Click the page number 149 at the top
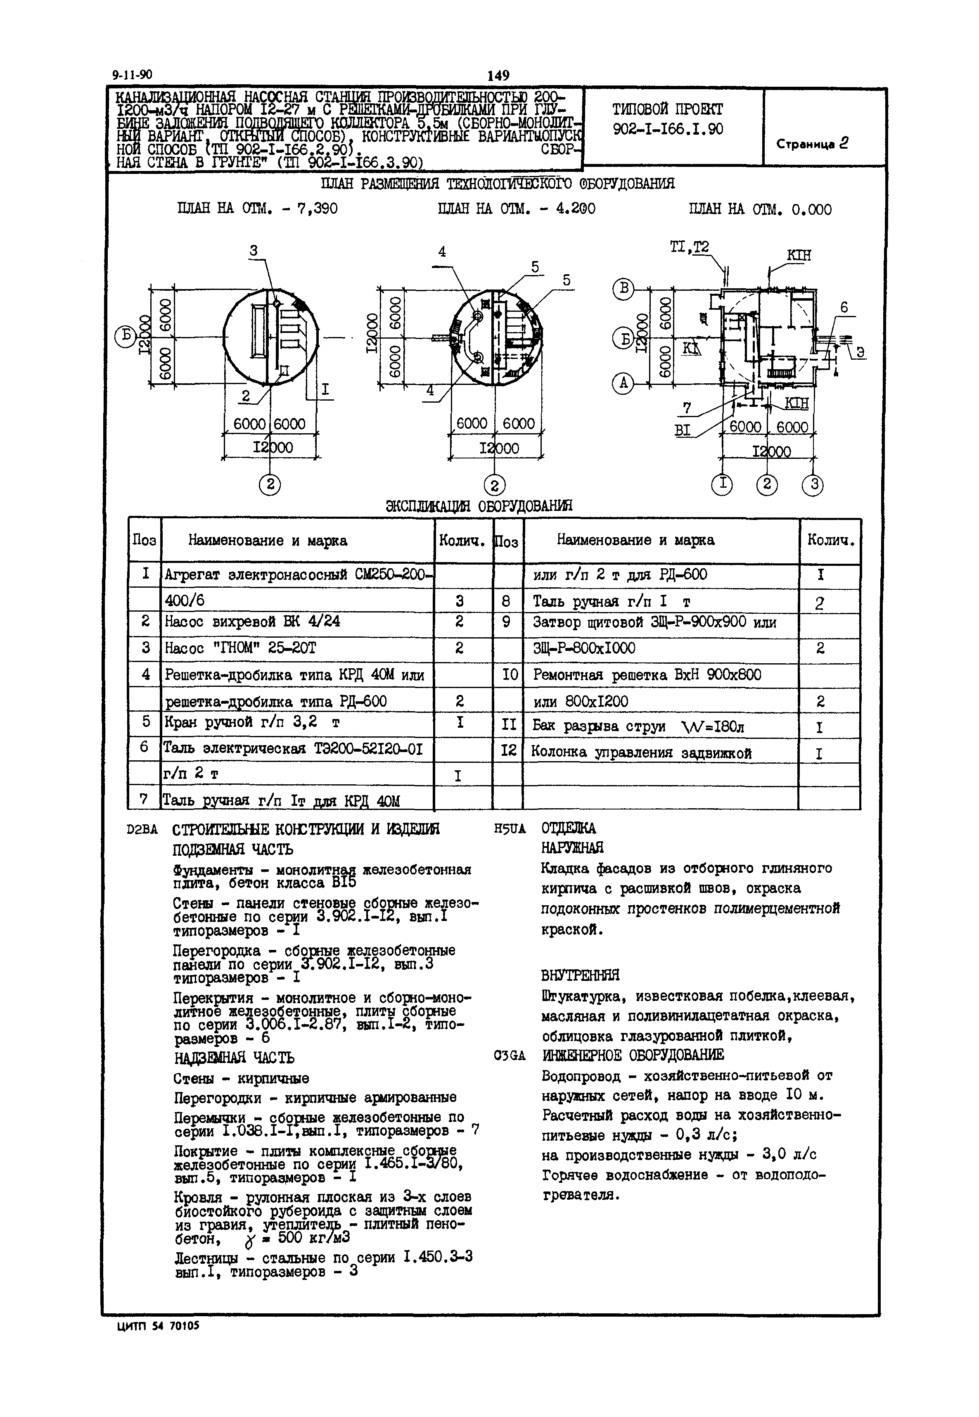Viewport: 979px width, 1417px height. (498, 76)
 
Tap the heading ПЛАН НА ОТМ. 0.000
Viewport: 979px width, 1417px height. (760, 210)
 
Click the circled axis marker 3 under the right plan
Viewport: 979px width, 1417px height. (813, 484)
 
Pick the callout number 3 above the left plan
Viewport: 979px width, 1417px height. (254, 250)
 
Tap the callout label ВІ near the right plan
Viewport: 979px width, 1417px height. (682, 431)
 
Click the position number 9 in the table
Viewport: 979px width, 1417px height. (507, 622)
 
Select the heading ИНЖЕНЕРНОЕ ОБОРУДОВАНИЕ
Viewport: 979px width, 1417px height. (633, 1055)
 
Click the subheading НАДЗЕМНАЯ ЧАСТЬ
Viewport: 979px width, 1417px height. (234, 1058)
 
